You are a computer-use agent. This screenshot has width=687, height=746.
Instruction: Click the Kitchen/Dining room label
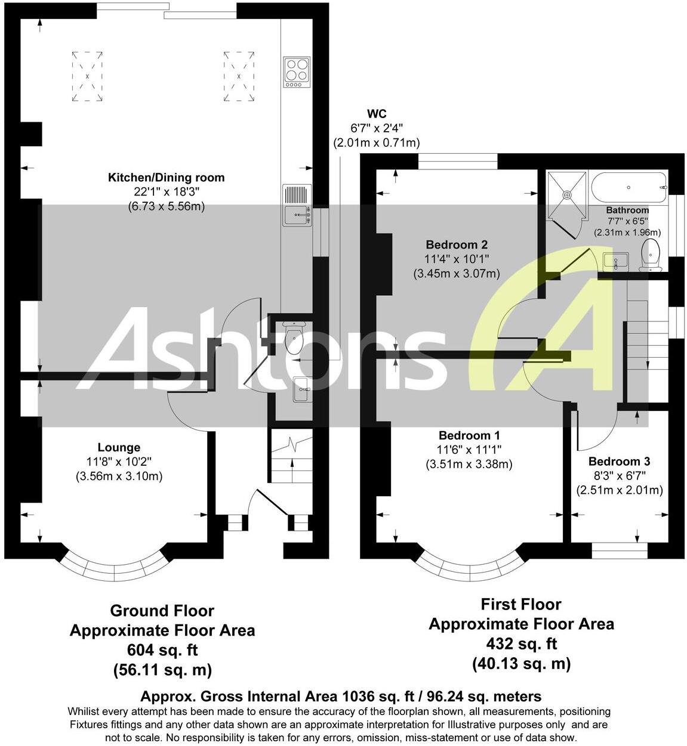click(x=166, y=177)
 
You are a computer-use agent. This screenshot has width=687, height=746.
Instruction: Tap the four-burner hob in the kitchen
click(x=297, y=72)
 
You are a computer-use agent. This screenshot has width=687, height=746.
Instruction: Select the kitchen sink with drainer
click(x=297, y=205)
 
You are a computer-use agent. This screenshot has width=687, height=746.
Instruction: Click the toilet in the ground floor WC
click(x=294, y=338)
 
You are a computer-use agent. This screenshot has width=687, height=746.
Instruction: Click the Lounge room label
click(x=119, y=447)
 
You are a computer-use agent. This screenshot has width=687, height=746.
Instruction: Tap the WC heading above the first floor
click(x=376, y=114)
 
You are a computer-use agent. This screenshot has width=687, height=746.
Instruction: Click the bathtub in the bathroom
click(x=629, y=187)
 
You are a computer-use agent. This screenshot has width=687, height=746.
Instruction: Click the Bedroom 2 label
click(x=457, y=244)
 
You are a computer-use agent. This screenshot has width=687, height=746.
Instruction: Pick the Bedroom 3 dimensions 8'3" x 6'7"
click(x=619, y=476)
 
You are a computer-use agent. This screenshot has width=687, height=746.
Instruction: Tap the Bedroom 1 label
click(x=469, y=436)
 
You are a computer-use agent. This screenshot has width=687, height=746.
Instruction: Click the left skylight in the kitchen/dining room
click(x=87, y=76)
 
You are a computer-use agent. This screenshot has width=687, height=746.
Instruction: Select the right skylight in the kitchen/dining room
click(x=239, y=76)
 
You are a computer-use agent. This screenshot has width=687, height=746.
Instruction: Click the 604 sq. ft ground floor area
click(x=162, y=650)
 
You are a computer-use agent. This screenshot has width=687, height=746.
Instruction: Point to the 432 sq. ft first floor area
click(x=521, y=644)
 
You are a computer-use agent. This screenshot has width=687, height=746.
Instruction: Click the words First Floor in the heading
click(x=521, y=604)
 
